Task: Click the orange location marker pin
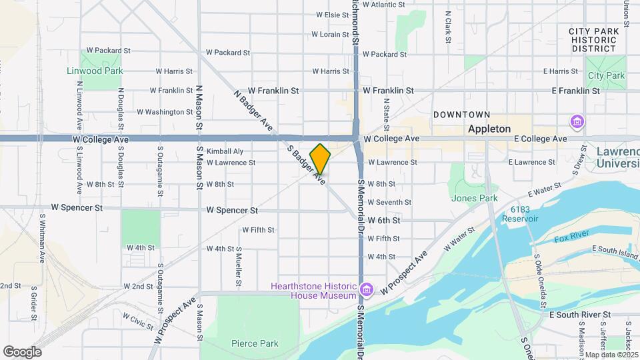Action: tap(320, 159)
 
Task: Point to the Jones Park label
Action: tap(475, 198)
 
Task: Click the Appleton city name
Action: tap(489, 129)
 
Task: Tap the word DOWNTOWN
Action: tap(461, 115)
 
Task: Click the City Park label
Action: tap(606, 76)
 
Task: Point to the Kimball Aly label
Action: tap(225, 151)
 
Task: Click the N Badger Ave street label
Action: tap(253, 110)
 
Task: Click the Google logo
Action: tap(22, 352)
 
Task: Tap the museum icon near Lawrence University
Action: tap(577, 122)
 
